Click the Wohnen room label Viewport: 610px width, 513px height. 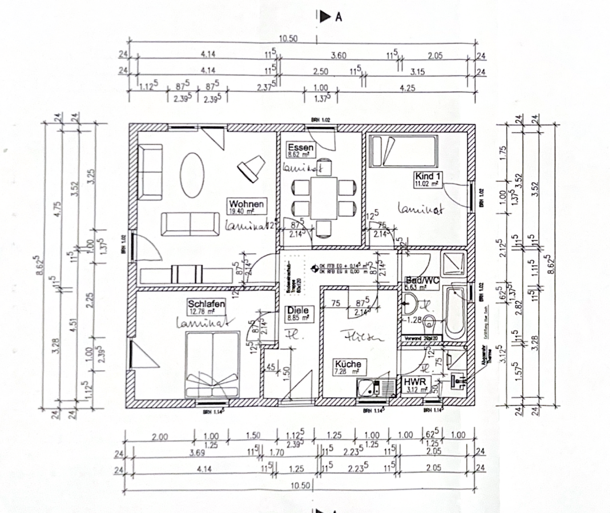click(x=246, y=204)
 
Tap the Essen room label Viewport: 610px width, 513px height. click(x=300, y=148)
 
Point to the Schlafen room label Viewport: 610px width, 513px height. click(x=206, y=304)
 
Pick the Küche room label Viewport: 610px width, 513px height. click(x=348, y=364)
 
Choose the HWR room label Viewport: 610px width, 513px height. click(x=413, y=382)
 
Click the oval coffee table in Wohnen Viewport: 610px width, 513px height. click(x=193, y=175)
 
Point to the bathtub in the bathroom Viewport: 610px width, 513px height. click(x=454, y=313)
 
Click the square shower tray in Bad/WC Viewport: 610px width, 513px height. click(x=453, y=264)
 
